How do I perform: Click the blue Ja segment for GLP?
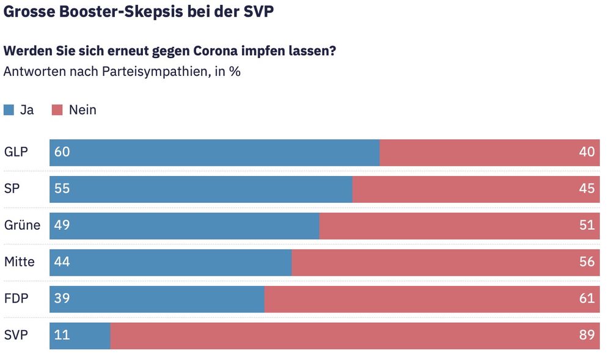pos(214,152)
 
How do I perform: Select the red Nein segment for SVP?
pos(355,336)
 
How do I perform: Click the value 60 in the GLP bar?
pos(62,152)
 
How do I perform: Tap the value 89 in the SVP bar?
pos(587,336)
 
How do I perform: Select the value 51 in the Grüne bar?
pos(587,226)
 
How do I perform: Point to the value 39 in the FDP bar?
pos(62,299)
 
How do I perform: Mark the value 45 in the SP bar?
pos(587,189)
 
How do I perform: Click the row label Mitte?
pos(20,262)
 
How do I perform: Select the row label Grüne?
pos(22,226)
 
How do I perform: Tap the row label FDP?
pos(16,299)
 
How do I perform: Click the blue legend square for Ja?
pos(9,111)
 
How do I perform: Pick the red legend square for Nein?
pos(57,111)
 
